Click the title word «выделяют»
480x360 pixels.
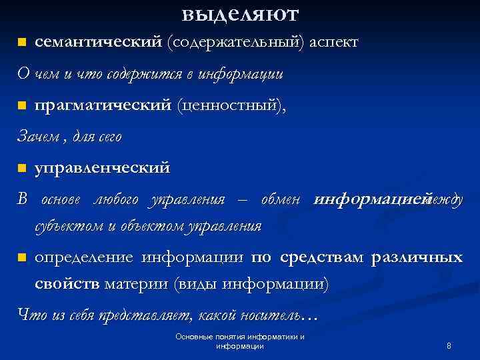click(240, 13)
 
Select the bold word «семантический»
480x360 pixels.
click(98, 42)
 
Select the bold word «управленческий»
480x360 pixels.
click(102, 167)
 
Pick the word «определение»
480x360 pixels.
click(85, 257)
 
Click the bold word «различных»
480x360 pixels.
click(417, 257)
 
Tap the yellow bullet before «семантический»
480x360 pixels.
click(21, 43)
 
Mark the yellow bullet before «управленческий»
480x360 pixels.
click(21, 167)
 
